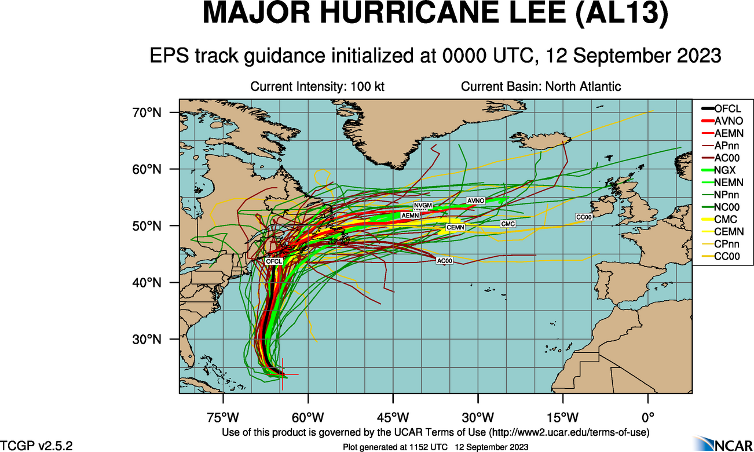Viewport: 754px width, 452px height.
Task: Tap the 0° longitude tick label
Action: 647,417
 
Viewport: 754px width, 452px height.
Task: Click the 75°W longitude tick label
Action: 222,417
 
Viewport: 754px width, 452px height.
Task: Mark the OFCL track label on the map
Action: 274,261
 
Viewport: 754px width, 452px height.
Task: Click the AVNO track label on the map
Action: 475,201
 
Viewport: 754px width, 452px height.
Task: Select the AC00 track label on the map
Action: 444,262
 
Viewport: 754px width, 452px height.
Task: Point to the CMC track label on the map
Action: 508,224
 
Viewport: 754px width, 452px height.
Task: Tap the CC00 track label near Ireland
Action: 584,217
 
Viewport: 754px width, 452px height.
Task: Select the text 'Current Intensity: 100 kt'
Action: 317,87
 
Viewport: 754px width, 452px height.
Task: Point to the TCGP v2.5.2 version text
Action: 36,446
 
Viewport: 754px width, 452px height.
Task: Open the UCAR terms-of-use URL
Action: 569,432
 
